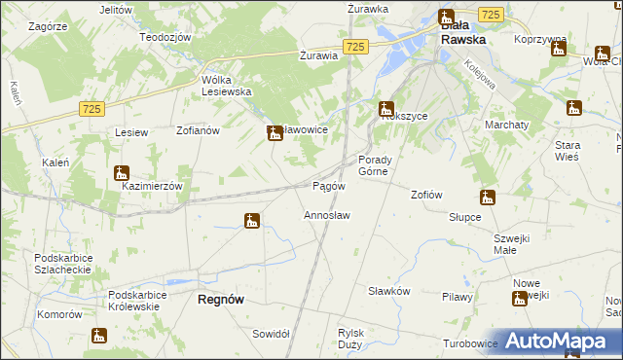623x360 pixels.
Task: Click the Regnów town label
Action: click(221, 300)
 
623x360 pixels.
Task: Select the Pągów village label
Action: click(327, 186)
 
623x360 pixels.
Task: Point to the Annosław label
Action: click(327, 214)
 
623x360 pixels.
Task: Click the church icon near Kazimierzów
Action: click(121, 173)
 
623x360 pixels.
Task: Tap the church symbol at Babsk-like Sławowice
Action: click(275, 132)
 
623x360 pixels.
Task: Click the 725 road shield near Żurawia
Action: click(355, 47)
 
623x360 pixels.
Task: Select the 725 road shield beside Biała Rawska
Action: click(492, 14)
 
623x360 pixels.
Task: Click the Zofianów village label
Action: click(201, 128)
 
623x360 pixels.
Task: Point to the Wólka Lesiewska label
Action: click(227, 86)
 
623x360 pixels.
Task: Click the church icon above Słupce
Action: click(488, 198)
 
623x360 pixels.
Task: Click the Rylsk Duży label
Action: click(350, 338)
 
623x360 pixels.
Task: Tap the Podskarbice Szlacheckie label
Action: click(62, 264)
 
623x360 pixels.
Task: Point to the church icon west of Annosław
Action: click(252, 221)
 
